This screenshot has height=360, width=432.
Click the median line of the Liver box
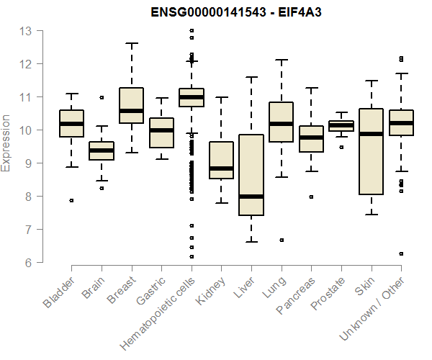click(x=251, y=196)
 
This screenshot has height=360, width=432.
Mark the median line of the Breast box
click(x=131, y=111)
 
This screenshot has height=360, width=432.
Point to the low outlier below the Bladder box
click(x=71, y=201)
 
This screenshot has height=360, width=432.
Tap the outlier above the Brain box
click(x=102, y=97)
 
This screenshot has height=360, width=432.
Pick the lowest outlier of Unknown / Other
click(x=401, y=253)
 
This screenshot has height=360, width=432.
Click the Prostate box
click(x=341, y=126)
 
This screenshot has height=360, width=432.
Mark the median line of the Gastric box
click(x=161, y=130)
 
